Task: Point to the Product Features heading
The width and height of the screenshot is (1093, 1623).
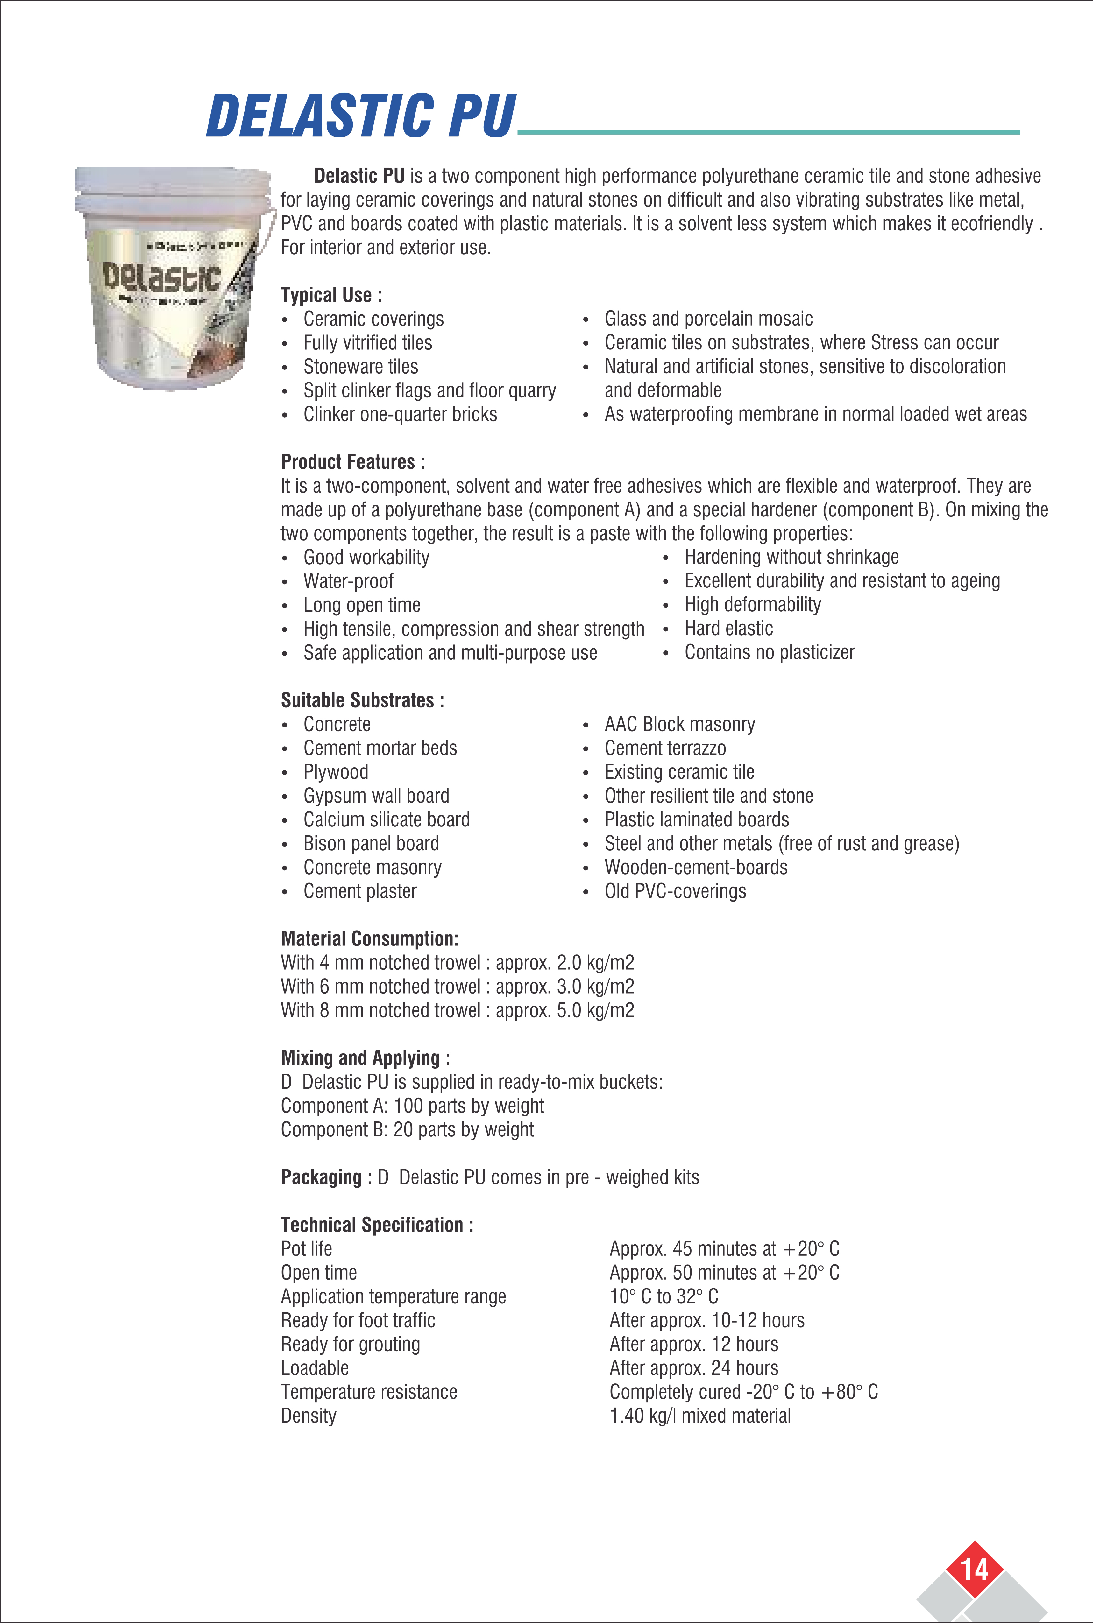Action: [353, 462]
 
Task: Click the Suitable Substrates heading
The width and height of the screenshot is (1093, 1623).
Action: [362, 700]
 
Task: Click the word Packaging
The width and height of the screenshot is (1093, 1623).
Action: [321, 1177]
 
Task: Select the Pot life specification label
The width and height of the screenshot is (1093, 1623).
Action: [306, 1249]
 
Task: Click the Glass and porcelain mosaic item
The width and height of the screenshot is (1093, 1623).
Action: [708, 319]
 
